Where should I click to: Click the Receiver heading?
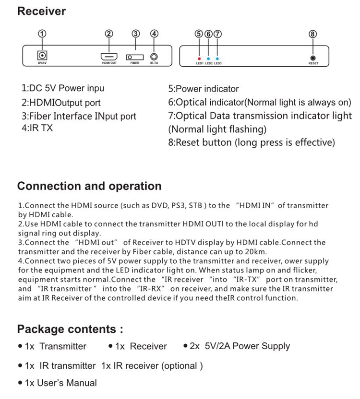click(x=41, y=11)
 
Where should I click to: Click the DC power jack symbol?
click(x=42, y=55)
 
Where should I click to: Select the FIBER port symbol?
click(x=135, y=57)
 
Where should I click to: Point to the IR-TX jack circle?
click(x=154, y=56)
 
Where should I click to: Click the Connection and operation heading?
click(x=89, y=186)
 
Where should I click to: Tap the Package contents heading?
click(x=70, y=329)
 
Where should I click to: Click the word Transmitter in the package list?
click(x=63, y=346)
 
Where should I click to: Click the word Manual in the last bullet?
click(x=81, y=383)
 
